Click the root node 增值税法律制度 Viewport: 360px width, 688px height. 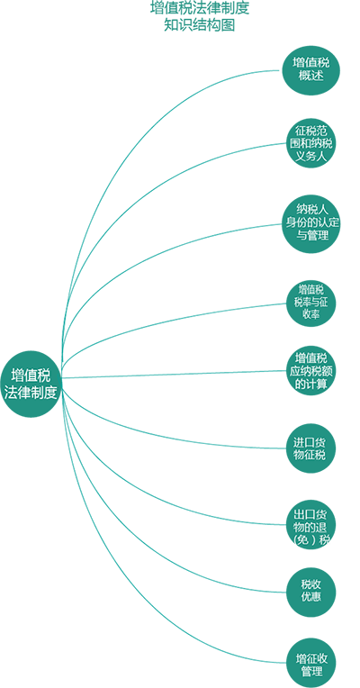[31, 384]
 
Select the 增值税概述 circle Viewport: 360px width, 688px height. [310, 69]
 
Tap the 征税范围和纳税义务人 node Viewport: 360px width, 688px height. [310, 143]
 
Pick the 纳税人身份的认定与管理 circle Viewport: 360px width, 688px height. [310, 224]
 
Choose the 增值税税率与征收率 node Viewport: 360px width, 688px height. [310, 303]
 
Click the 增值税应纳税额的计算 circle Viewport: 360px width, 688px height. [310, 371]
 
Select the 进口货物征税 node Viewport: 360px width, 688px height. [310, 448]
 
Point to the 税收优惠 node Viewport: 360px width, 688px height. [310, 592]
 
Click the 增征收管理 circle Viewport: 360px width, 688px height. [311, 663]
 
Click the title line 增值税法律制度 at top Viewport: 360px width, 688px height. [200, 8]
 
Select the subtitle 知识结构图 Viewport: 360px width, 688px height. [200, 25]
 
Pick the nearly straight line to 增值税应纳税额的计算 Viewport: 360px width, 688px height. [175, 375]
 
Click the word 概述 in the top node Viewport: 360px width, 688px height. [310, 76]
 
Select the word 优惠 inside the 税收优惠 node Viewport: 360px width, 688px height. [310, 597]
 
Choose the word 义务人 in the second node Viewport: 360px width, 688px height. [310, 156]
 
